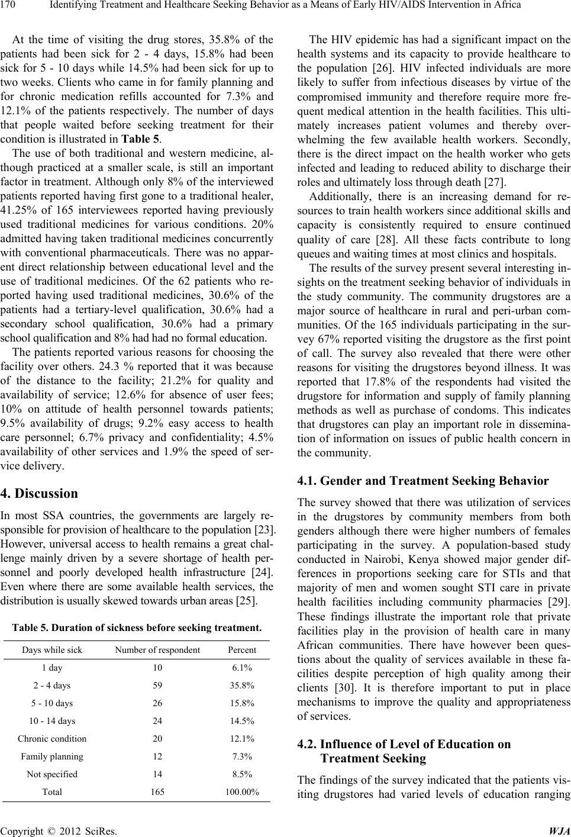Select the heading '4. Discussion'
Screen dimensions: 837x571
click(40, 493)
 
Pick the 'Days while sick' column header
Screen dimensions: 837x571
click(52, 650)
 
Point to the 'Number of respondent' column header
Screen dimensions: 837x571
click(157, 650)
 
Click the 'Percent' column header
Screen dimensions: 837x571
click(242, 650)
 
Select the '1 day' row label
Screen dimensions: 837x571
click(52, 668)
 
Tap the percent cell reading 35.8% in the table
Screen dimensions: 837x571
click(242, 685)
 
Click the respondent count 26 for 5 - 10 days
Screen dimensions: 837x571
click(157, 703)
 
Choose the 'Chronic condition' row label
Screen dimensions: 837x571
click(52, 739)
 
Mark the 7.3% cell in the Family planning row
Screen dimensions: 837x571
click(242, 756)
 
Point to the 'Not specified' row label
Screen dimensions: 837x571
click(52, 774)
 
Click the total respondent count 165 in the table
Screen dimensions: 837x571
click(157, 791)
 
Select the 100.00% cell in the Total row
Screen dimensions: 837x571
click(242, 791)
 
